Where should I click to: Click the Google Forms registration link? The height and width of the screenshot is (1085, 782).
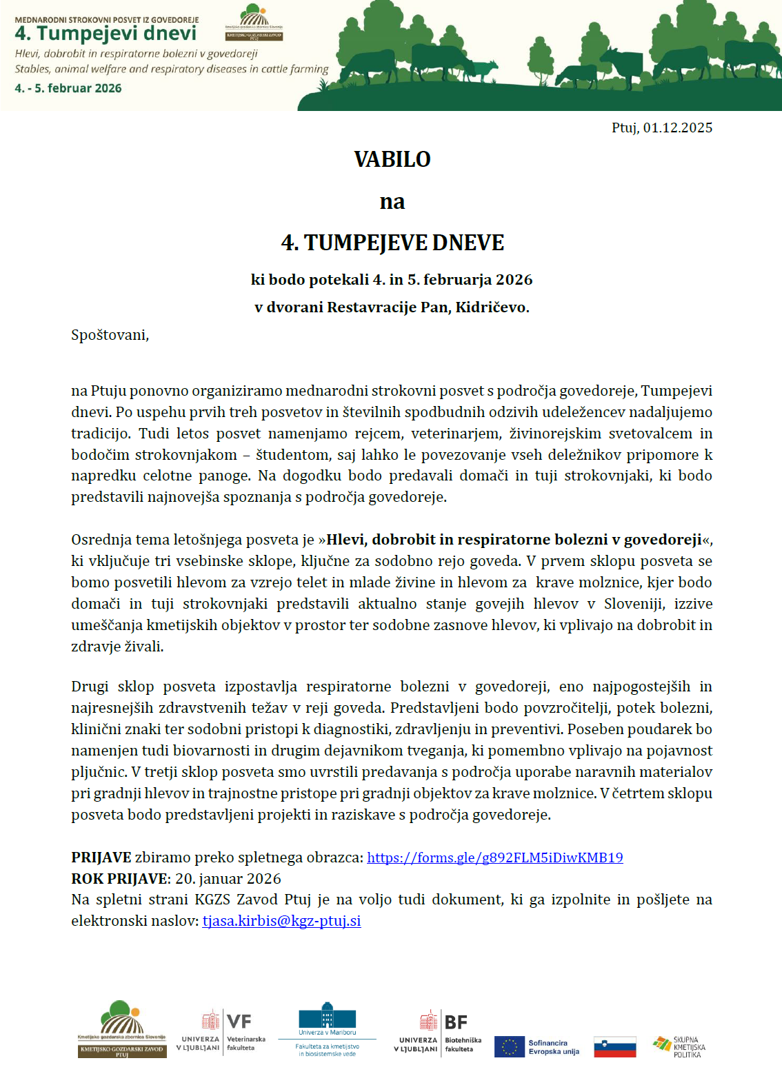494,858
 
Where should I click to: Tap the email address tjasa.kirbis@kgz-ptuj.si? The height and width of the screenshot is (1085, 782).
281,921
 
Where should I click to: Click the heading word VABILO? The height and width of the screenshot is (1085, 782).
392,159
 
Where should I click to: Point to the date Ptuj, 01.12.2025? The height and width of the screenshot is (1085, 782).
661,128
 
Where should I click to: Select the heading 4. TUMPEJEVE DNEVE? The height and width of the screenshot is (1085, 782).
392,243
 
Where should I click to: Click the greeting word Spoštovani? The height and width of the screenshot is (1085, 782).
109,335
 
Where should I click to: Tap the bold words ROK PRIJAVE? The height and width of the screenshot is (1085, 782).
120,879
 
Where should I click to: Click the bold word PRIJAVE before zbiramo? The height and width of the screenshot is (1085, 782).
101,858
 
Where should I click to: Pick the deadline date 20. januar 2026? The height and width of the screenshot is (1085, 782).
228,879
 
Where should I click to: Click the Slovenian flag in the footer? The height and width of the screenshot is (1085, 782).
614,1046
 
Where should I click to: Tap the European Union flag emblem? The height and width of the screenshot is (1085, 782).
509,1046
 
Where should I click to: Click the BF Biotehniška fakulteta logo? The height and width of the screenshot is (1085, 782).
439,1033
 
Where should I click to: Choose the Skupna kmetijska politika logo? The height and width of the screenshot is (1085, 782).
679,1046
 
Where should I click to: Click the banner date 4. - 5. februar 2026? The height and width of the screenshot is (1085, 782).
68,88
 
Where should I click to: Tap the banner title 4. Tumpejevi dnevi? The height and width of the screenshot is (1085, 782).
106,33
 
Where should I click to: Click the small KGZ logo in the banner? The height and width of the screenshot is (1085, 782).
254,23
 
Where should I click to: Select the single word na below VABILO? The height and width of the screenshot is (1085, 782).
392,202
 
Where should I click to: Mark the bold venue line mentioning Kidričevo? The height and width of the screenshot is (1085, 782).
392,307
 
